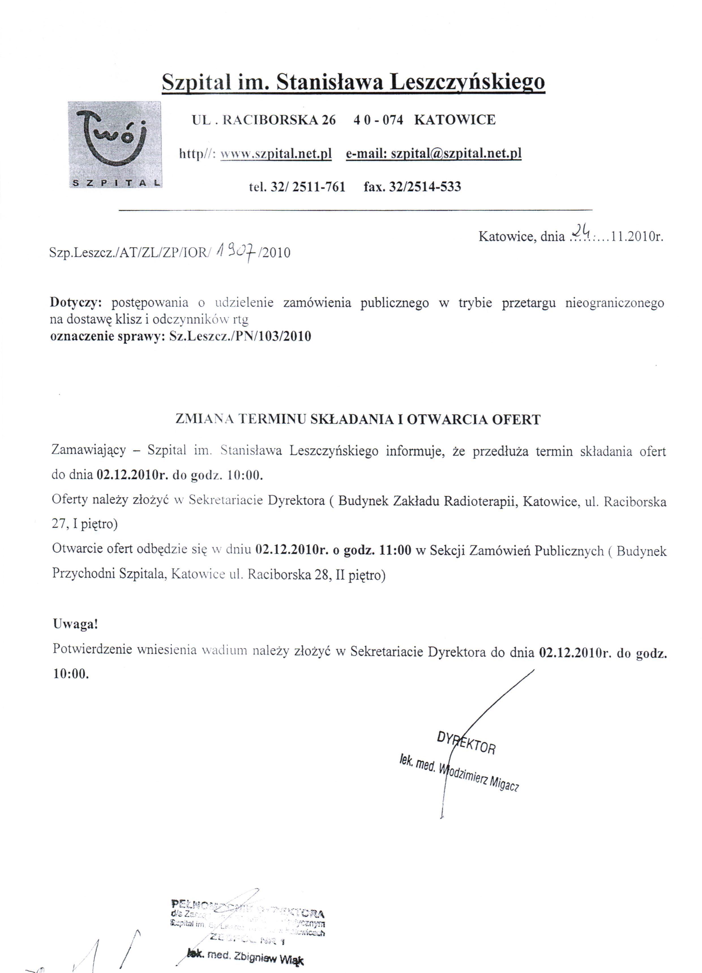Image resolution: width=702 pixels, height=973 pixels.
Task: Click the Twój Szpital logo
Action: [x=115, y=145]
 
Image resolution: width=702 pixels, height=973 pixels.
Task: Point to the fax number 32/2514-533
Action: [x=424, y=187]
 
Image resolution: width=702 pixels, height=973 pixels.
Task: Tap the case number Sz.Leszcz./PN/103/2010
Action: [x=240, y=336]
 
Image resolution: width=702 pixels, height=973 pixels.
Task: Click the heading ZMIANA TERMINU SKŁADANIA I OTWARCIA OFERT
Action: [x=358, y=419]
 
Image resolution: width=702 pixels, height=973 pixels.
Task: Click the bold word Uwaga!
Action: [x=76, y=624]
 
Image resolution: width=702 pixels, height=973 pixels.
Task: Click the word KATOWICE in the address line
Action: [x=455, y=120]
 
